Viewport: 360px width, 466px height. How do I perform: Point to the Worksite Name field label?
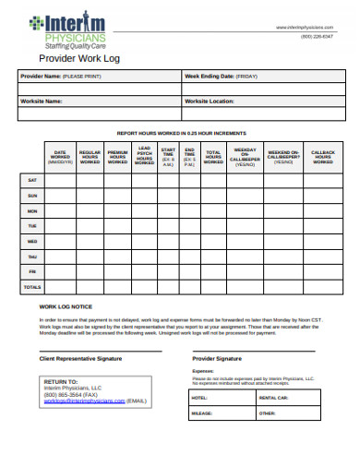point(42,101)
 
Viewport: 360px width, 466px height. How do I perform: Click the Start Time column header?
point(168,157)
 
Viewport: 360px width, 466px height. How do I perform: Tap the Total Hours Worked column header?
point(213,157)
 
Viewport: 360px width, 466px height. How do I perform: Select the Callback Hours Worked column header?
point(322,157)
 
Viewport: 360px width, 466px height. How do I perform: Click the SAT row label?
point(32,180)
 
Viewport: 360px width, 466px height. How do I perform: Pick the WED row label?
point(32,241)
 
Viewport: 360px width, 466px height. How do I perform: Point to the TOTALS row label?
point(32,287)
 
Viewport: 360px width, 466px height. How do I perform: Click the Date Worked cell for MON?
point(60,210)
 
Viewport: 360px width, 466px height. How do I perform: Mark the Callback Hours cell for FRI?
point(322,271)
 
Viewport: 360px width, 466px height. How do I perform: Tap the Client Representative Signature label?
point(80,357)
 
